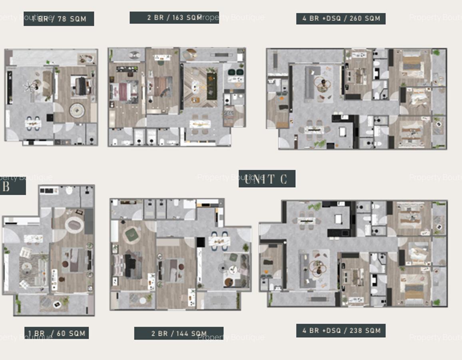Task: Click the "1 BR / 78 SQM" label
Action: pyautogui.click(x=59, y=19)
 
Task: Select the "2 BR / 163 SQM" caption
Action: pyautogui.click(x=174, y=18)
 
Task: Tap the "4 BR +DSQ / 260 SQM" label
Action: pyautogui.click(x=341, y=18)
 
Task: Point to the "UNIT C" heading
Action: pyautogui.click(x=267, y=179)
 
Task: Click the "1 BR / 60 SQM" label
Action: pyautogui.click(x=56, y=333)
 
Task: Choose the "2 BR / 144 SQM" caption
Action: pyautogui.click(x=179, y=334)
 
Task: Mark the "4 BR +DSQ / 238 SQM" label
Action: pyautogui.click(x=341, y=331)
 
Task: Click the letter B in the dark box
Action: pyautogui.click(x=6, y=187)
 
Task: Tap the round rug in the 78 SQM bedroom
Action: pyautogui.click(x=77, y=110)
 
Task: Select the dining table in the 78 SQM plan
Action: pyautogui.click(x=33, y=124)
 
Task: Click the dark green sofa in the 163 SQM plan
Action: pyautogui.click(x=211, y=86)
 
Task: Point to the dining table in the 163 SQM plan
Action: pyautogui.click(x=200, y=124)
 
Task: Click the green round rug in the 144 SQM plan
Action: pyautogui.click(x=132, y=234)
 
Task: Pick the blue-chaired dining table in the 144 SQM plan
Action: pyautogui.click(x=219, y=241)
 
